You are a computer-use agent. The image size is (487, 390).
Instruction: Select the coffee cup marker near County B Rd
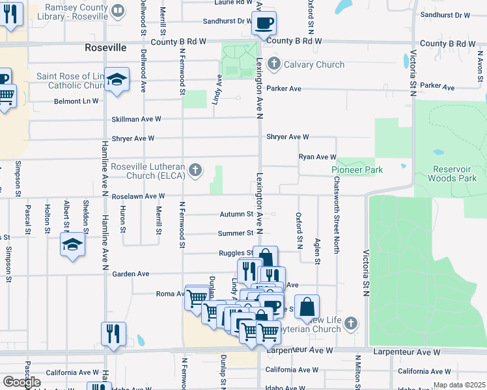coord(264,23)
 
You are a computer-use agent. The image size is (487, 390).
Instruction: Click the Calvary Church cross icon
coord(274,64)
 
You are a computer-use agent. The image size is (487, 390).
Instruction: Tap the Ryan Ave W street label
coord(317,157)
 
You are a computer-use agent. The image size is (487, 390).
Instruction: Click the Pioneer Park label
coord(357,170)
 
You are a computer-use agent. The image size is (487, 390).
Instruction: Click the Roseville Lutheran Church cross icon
coord(194,171)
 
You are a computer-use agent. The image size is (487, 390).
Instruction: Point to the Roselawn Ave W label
coord(138,196)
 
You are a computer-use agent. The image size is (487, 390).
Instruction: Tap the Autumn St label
coord(236,214)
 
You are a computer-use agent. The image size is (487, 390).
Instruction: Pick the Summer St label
coord(236,233)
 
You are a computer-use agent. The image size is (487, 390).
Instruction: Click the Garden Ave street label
coord(131,274)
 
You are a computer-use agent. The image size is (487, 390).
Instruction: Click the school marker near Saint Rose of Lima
coord(117,79)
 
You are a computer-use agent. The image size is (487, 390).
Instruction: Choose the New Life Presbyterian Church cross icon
coord(351,323)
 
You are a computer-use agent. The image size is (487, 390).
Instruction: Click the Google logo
coord(21,382)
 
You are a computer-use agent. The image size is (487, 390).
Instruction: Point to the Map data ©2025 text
coord(458,385)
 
